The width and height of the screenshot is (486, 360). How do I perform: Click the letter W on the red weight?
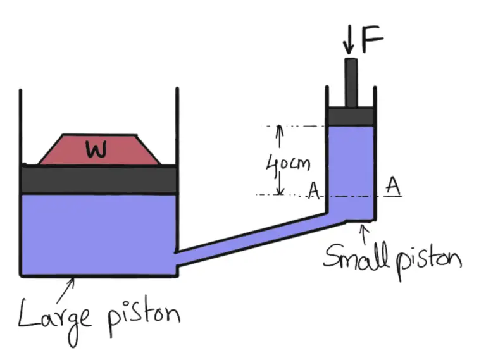click(96, 149)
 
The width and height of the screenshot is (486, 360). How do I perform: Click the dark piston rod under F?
click(351, 82)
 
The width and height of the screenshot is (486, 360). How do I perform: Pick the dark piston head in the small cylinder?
click(351, 116)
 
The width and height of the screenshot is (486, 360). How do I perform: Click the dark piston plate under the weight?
click(99, 179)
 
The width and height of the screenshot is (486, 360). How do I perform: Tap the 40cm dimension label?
click(289, 166)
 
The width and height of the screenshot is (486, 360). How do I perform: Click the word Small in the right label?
click(355, 257)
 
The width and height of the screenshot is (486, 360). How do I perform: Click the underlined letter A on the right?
click(393, 186)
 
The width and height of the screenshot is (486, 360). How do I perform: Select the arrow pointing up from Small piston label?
click(363, 235)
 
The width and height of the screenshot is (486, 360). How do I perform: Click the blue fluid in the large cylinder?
click(99, 234)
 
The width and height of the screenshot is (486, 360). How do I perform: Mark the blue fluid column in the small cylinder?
click(351, 164)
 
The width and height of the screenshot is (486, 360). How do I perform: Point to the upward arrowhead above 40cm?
click(280, 129)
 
